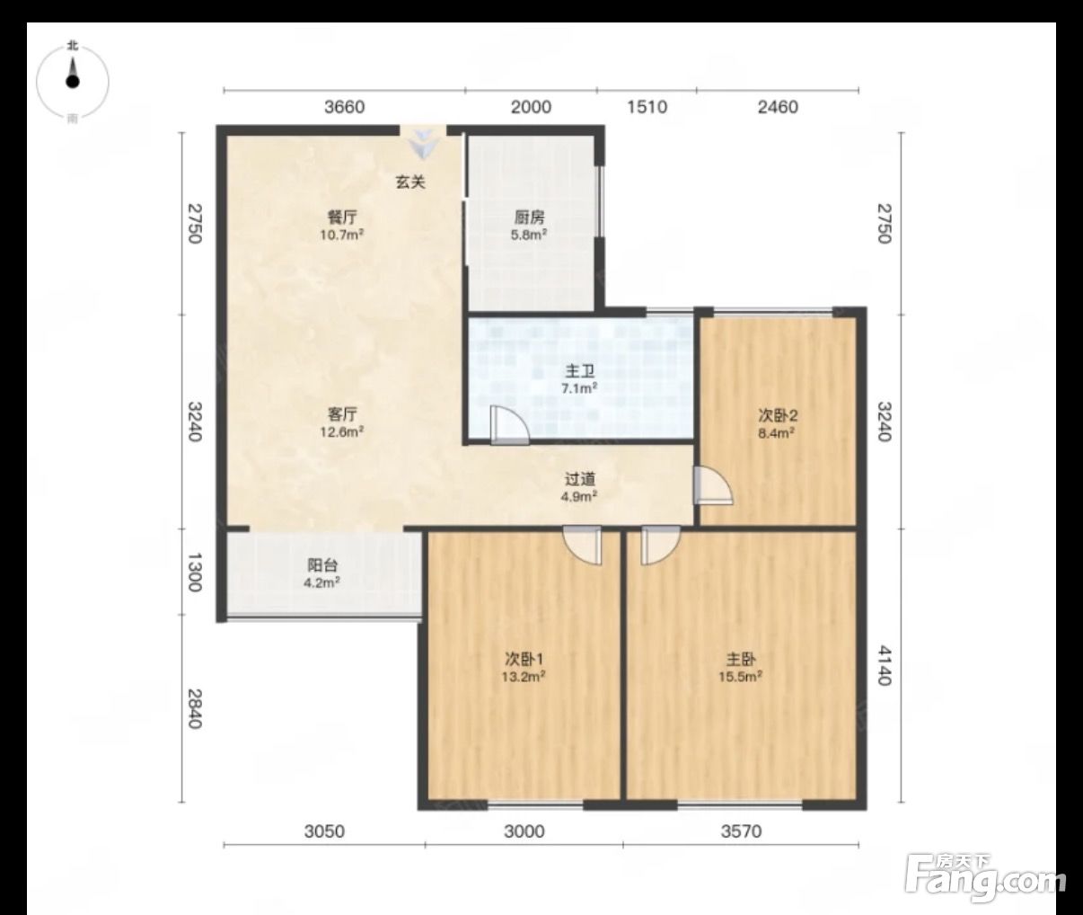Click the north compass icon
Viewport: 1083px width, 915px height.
[73, 82]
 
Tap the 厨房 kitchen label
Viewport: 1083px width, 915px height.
[530, 217]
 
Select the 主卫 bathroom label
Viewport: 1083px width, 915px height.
[580, 371]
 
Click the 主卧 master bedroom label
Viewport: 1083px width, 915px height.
[740, 660]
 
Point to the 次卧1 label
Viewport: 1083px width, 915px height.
[524, 659]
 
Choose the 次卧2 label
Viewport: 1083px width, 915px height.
[778, 415]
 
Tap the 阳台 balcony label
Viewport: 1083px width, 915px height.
[322, 565]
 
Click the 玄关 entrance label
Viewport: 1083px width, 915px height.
[410, 182]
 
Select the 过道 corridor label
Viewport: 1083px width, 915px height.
[580, 479]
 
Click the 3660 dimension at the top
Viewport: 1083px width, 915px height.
[345, 107]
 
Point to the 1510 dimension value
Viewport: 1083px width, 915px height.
[647, 107]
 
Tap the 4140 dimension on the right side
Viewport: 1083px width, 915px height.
[885, 665]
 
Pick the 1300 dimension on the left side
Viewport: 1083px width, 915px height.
[195, 573]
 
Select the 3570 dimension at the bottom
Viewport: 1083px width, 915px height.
[741, 831]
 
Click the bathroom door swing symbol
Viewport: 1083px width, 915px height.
[510, 425]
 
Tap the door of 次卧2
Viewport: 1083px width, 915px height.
[713, 485]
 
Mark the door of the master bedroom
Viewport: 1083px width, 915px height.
[660, 546]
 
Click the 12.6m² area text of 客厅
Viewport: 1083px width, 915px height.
[341, 432]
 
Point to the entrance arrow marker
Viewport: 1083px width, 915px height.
[423, 143]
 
